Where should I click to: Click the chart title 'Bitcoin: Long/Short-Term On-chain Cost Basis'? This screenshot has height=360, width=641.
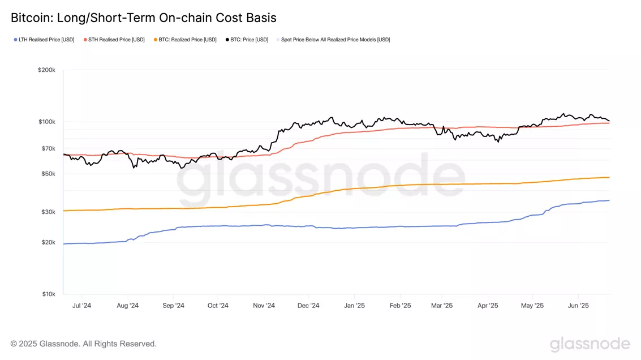pos(144,18)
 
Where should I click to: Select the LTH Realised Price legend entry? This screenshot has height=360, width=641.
pos(44,40)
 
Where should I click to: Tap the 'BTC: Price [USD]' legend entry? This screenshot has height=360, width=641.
pos(246,40)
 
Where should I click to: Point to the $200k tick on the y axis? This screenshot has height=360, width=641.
pos(46,70)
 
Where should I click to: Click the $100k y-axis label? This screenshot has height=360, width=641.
pos(46,122)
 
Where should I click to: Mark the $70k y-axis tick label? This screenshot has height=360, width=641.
pos(48,148)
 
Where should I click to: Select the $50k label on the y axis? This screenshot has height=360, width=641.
pos(48,174)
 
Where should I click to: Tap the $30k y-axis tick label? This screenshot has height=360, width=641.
pos(48,212)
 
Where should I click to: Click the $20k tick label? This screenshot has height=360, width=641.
pos(48,242)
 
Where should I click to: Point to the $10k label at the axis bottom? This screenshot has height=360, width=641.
pos(48,294)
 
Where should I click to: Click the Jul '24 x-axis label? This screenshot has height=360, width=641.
pos(82,306)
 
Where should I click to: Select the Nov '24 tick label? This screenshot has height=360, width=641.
pos(264,306)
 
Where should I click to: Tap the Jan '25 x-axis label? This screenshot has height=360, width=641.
pos(354,306)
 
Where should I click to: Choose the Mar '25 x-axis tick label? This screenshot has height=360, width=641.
pos(442,306)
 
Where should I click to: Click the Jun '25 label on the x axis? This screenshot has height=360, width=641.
pos(578,306)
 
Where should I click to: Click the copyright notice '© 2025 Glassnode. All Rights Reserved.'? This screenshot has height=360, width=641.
pos(84,344)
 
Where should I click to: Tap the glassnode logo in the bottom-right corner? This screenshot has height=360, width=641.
pos(590,344)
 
